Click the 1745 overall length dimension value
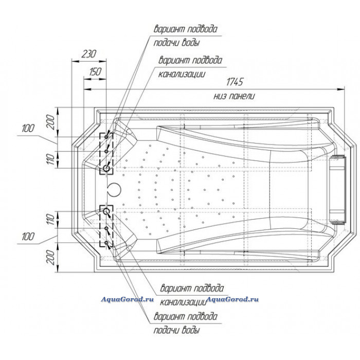point(235,82)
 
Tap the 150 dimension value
point(95,72)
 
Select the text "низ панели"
point(234,96)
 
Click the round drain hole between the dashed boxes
point(114,190)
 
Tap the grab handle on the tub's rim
point(339,190)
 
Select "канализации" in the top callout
point(183,74)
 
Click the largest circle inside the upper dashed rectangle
point(106,169)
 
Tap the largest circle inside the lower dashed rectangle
point(106,211)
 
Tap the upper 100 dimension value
point(29,128)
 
